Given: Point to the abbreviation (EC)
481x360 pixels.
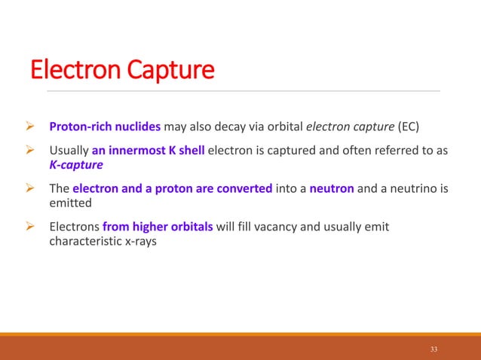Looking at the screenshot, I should pos(412,125).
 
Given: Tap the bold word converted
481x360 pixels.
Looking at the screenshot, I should pos(245,188).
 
